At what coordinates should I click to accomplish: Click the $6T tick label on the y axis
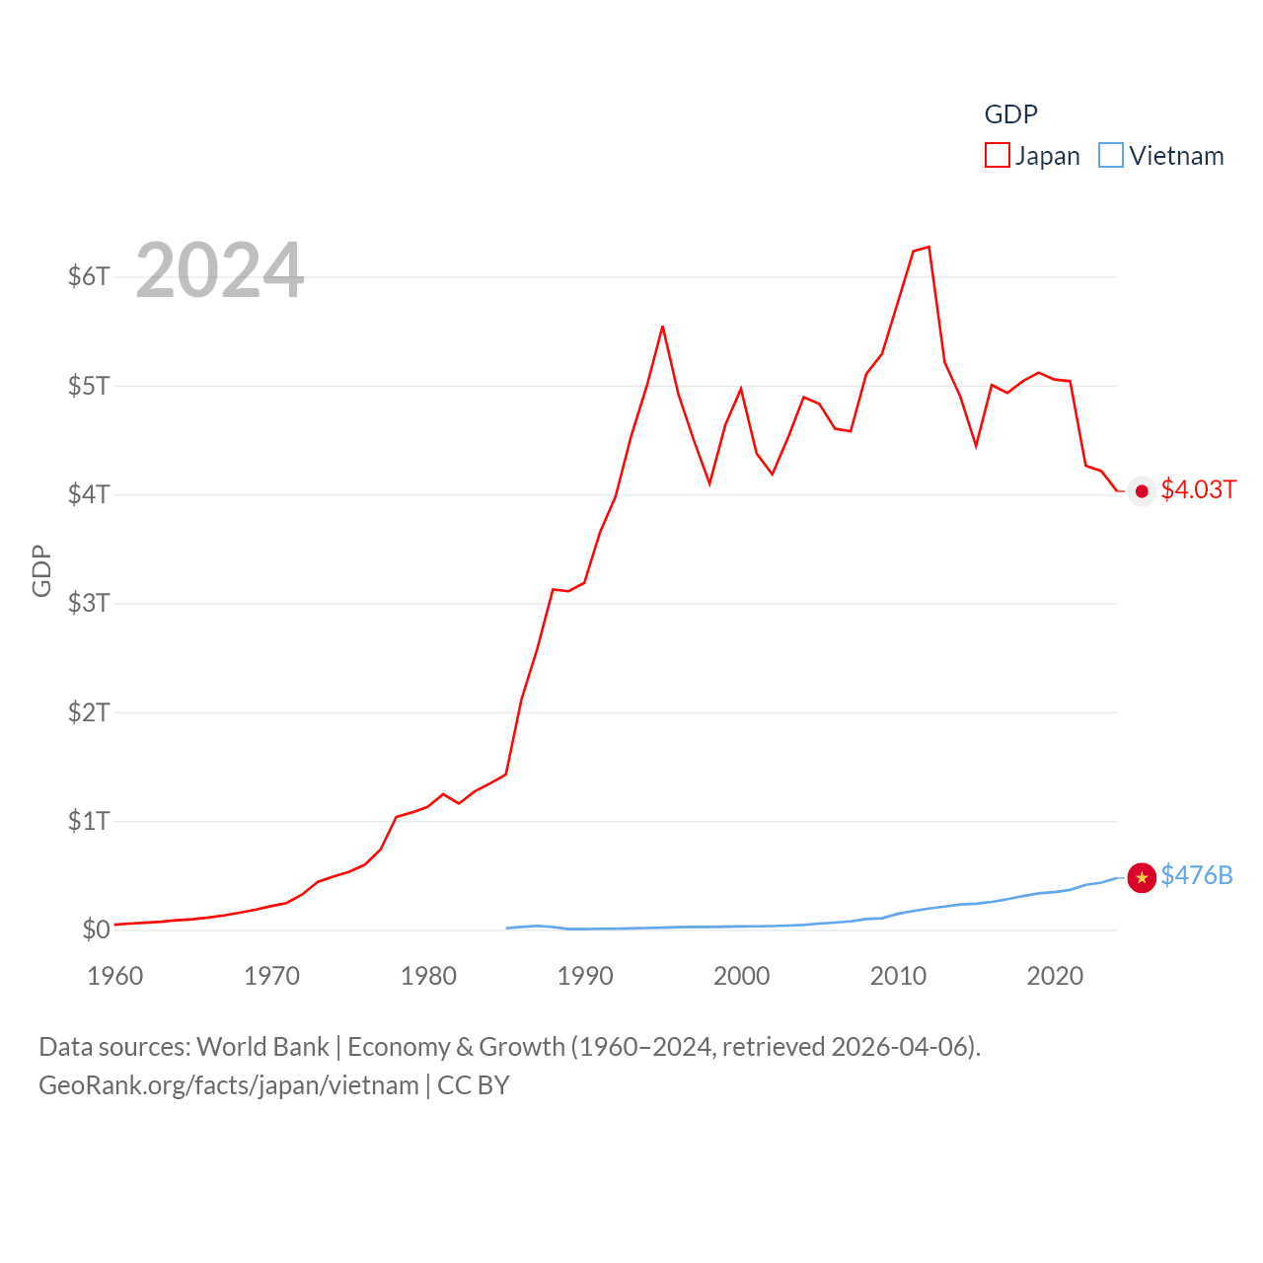[89, 276]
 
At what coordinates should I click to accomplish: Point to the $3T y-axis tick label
[89, 603]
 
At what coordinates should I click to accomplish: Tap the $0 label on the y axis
[96, 929]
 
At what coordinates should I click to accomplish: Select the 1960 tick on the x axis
[115, 976]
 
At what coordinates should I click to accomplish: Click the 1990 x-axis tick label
[585, 976]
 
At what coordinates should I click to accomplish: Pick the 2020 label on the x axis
[1055, 976]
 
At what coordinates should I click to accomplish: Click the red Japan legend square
[998, 155]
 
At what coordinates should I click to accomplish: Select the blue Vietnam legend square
[1111, 155]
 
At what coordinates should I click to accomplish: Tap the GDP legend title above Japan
[1010, 114]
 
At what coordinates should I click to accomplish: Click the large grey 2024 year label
[219, 269]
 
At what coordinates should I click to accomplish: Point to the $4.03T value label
[1198, 489]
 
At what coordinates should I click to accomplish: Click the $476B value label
[1196, 875]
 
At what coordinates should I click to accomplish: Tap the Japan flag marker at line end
[1142, 491]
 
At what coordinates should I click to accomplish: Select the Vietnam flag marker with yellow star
[1142, 877]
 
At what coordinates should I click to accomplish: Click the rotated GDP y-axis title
[41, 570]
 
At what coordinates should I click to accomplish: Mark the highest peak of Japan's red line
[929, 247]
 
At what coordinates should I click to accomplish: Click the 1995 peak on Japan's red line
[662, 327]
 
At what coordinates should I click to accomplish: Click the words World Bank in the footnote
[262, 1046]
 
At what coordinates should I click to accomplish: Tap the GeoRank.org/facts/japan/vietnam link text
[229, 1085]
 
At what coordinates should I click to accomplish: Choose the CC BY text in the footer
[474, 1085]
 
